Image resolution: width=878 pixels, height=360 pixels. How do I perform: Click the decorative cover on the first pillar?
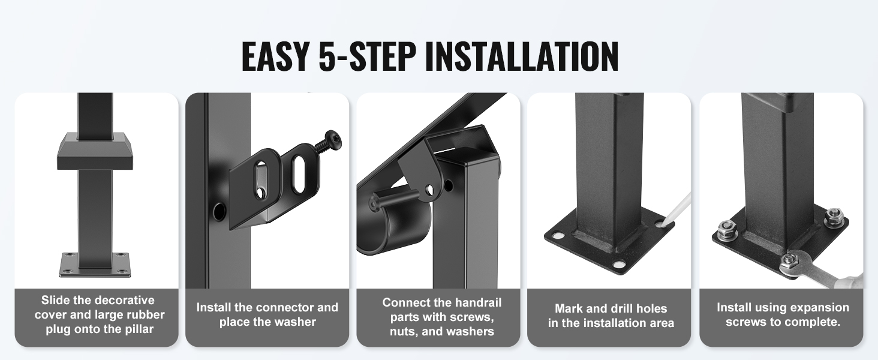97,151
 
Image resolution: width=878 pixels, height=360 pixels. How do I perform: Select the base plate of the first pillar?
95,265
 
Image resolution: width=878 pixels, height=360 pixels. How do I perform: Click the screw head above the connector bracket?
333,140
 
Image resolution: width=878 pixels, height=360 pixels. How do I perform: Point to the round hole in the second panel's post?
219,211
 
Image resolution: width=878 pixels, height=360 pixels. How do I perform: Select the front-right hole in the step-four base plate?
620,264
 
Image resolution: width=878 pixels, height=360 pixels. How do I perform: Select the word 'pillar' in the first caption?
139,329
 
